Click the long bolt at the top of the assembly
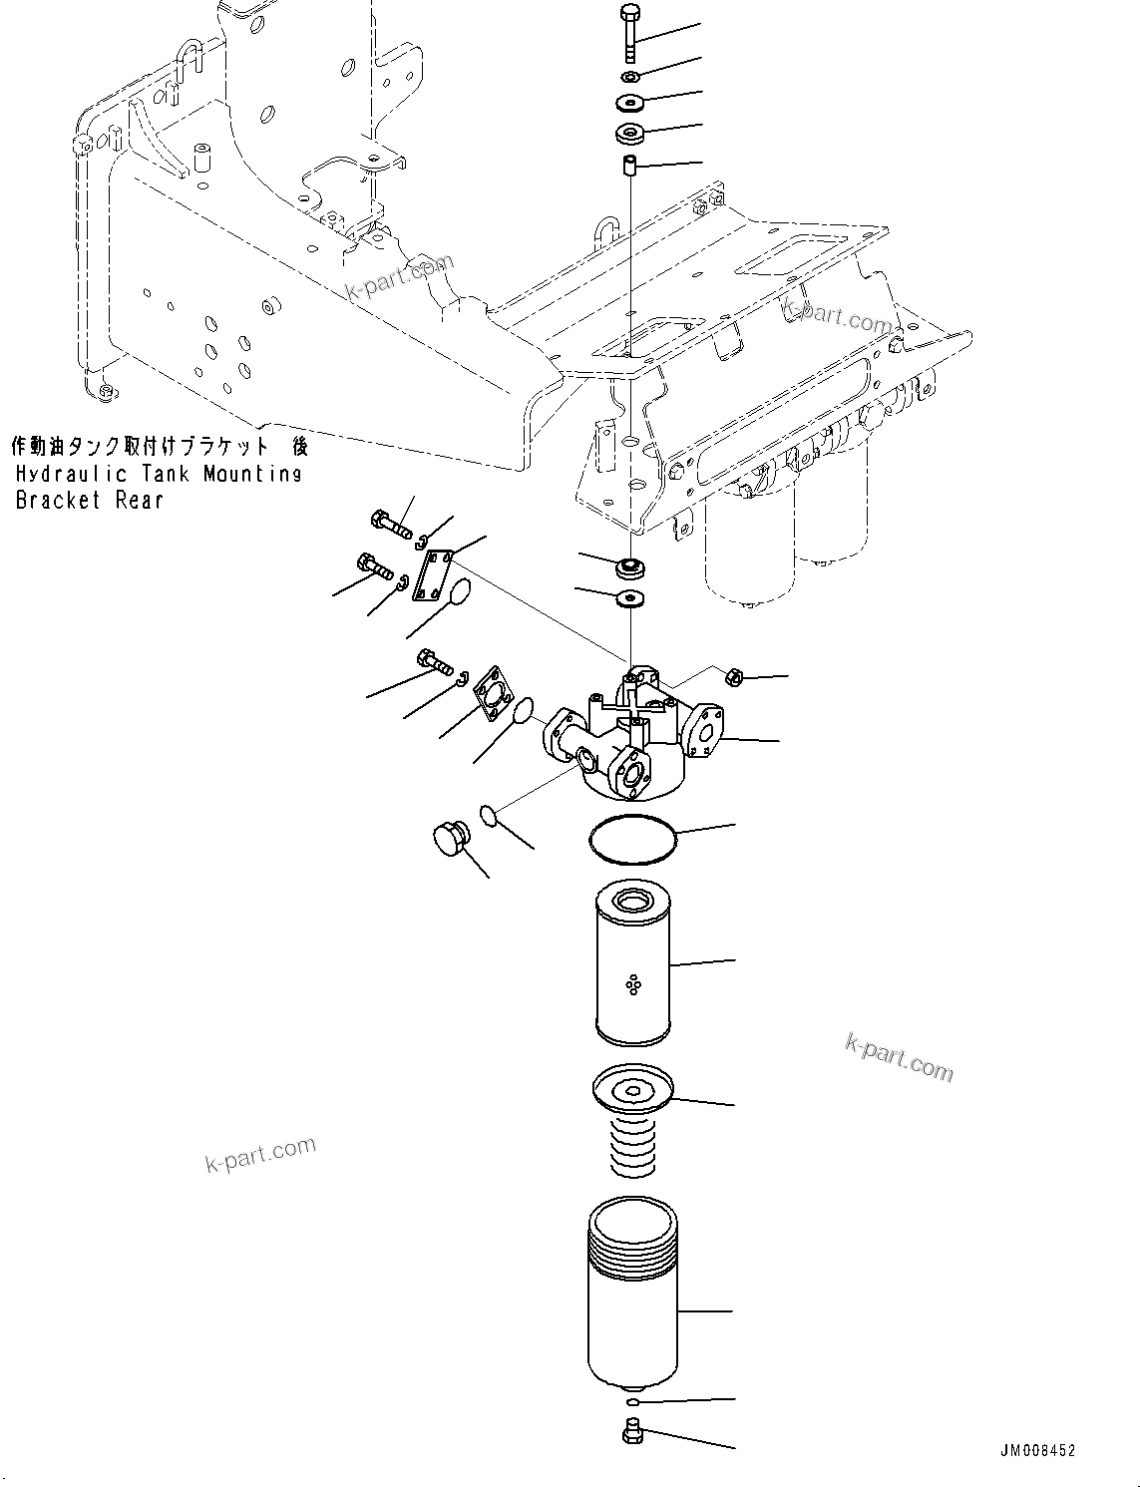tap(630, 32)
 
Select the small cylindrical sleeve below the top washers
tap(629, 166)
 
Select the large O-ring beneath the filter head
tap(632, 839)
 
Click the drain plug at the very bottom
tap(630, 1434)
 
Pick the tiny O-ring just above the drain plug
tap(631, 1403)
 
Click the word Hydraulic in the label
tap(63, 474)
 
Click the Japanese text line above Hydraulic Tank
tap(158, 445)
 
